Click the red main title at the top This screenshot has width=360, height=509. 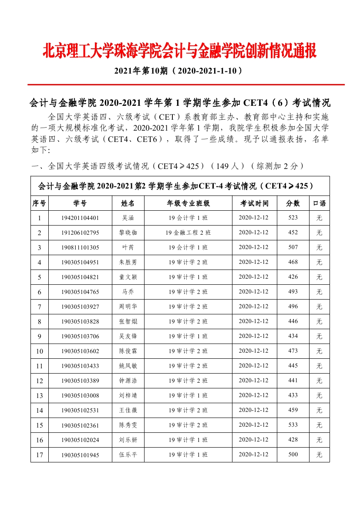pyautogui.click(x=179, y=51)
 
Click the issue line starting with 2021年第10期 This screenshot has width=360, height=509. pyautogui.click(x=178, y=71)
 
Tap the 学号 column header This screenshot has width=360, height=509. pyautogui.click(x=80, y=203)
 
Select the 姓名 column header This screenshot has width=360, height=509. pyautogui.click(x=128, y=203)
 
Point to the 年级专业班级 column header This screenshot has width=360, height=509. pyautogui.click(x=188, y=203)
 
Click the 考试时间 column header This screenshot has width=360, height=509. pyautogui.click(x=254, y=203)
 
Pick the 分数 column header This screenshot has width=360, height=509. pyautogui.click(x=293, y=203)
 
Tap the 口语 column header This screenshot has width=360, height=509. pyautogui.click(x=319, y=203)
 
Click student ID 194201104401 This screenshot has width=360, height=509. pyautogui.click(x=80, y=218)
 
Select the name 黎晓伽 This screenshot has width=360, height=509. pyautogui.click(x=128, y=233)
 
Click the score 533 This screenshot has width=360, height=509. pyautogui.click(x=293, y=425)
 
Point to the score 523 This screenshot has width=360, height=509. pyautogui.click(x=293, y=218)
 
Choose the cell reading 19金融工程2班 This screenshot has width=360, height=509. pyautogui.click(x=188, y=233)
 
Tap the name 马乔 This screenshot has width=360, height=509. pyautogui.click(x=128, y=292)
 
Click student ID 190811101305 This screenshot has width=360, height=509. pyautogui.click(x=80, y=247)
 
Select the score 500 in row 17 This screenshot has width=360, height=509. pyautogui.click(x=293, y=455)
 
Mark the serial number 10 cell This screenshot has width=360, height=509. pyautogui.click(x=40, y=351)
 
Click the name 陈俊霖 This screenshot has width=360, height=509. pyautogui.click(x=128, y=351)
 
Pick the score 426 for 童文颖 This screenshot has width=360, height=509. pyautogui.click(x=293, y=277)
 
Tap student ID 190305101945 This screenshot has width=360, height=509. pyautogui.click(x=80, y=455)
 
